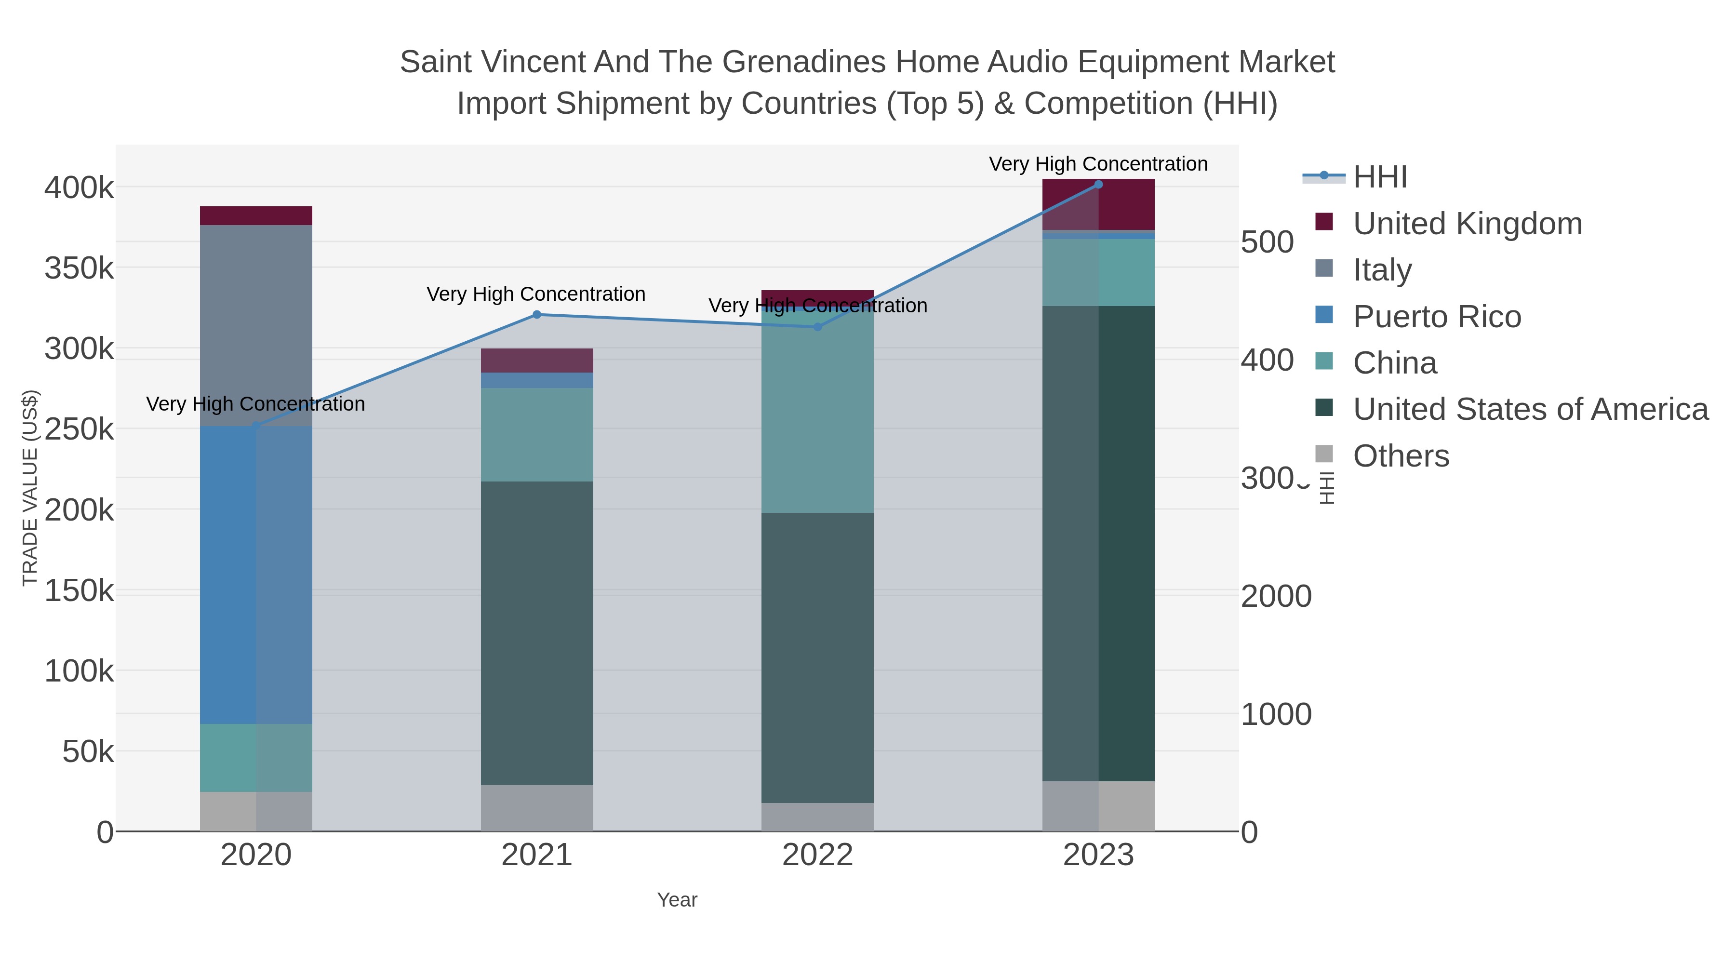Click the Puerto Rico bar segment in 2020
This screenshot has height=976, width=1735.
[256, 575]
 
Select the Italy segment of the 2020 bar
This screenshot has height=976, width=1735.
[256, 325]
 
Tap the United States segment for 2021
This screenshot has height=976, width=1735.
[537, 633]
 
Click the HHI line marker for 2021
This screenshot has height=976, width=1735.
[537, 315]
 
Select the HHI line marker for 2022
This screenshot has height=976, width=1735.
[818, 327]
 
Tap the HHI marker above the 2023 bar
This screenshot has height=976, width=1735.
[1098, 185]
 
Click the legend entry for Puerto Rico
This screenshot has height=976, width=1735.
[1437, 317]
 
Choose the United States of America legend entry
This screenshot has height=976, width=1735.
[1530, 409]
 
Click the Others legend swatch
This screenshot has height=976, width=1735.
[1324, 455]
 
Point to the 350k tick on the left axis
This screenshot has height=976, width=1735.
[80, 268]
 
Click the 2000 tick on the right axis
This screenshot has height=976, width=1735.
[1276, 596]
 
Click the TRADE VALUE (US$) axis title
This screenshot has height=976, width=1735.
[30, 488]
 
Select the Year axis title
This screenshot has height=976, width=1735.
[677, 900]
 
